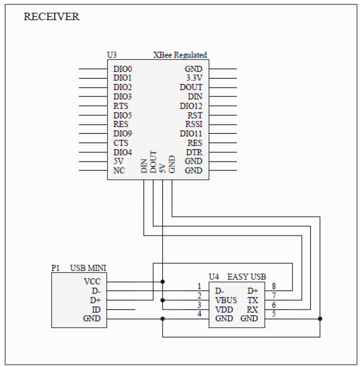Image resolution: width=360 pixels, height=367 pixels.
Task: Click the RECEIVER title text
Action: (x=51, y=17)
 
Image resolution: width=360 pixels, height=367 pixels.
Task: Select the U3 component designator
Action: (x=111, y=55)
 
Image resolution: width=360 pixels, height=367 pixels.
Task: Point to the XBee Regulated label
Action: (x=180, y=55)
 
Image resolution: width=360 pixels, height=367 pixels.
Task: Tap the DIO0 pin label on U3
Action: (x=123, y=69)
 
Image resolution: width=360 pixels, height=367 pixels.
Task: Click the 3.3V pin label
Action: (x=194, y=78)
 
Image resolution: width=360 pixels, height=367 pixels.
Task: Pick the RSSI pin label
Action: (x=194, y=124)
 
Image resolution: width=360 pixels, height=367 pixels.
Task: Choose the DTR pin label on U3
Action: (x=194, y=153)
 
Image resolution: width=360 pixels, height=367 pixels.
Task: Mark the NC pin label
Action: (x=119, y=170)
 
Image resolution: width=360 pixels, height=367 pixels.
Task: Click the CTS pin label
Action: (x=121, y=143)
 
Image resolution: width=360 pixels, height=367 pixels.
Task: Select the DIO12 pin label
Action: (x=191, y=106)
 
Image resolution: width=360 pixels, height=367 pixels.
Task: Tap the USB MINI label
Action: (x=88, y=268)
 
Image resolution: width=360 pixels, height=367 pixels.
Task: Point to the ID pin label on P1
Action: (x=96, y=310)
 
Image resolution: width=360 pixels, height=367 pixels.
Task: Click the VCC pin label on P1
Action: (x=92, y=282)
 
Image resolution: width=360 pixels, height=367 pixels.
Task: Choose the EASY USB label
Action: (x=247, y=277)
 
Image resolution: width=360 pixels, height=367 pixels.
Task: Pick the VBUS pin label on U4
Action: (x=226, y=300)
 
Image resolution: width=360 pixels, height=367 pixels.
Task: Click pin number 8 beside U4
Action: (x=274, y=286)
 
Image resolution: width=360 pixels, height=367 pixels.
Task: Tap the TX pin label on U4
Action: (x=252, y=300)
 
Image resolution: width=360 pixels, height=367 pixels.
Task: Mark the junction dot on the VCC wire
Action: (x=163, y=282)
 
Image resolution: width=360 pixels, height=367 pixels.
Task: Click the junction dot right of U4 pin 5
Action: (x=320, y=319)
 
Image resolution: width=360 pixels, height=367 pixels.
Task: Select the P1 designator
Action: (x=55, y=268)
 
